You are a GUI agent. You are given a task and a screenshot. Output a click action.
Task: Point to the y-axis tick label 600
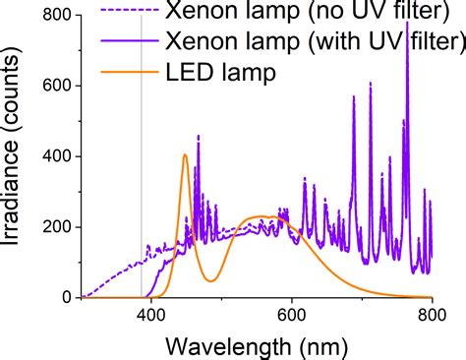click(x=54, y=87)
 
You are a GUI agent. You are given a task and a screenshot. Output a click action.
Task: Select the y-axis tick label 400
click(x=54, y=156)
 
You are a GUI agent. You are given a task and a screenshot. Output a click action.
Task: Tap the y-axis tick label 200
click(x=54, y=227)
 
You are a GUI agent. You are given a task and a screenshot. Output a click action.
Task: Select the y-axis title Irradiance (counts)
click(x=18, y=157)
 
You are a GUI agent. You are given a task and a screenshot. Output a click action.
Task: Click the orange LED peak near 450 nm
click(x=185, y=154)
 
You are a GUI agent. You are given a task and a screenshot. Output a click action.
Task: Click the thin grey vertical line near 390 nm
click(x=142, y=197)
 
